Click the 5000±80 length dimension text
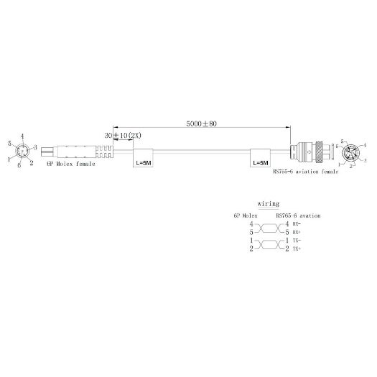click(200, 124)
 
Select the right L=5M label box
click(261, 163)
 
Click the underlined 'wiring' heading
click(268, 204)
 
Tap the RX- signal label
click(295, 225)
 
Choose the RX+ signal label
click(295, 233)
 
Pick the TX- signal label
click(295, 241)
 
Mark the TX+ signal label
click(295, 248)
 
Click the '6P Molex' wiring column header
click(245, 215)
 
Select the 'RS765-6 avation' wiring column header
click(297, 215)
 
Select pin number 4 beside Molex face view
click(23, 136)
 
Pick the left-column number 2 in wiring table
click(251, 248)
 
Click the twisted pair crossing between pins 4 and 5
click(268, 229)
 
